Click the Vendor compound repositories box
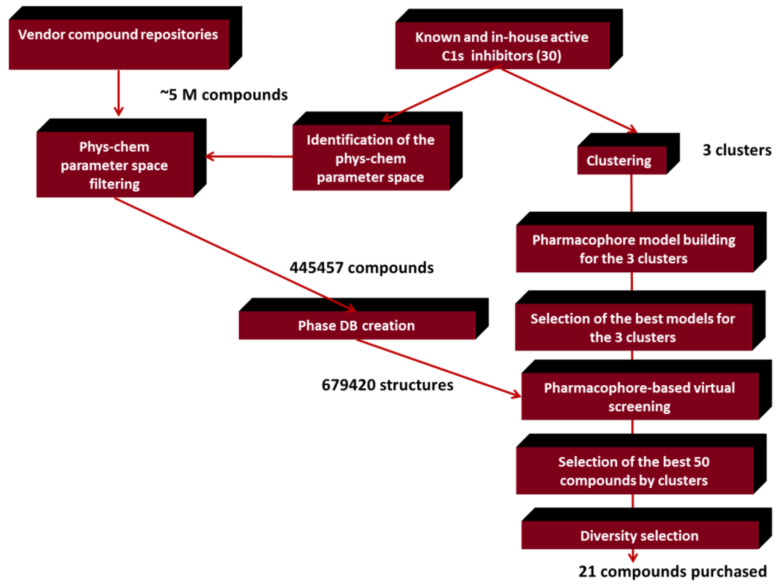pos(119,44)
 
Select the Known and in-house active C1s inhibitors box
pos(502,46)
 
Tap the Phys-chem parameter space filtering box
pos(115,165)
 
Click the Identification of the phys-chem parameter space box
pos(371,158)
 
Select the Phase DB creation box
pos(357,325)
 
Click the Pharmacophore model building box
pos(634,249)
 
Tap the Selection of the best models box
pos(633,328)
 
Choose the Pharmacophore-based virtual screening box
pos(640,397)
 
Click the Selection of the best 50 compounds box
pos(634,471)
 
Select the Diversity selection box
pos(640,536)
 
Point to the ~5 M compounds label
pos(224,95)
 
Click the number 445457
pos(316,268)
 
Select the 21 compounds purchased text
pos(672,571)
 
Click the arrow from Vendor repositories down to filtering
pos(119,92)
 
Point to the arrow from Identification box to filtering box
pos(249,156)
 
